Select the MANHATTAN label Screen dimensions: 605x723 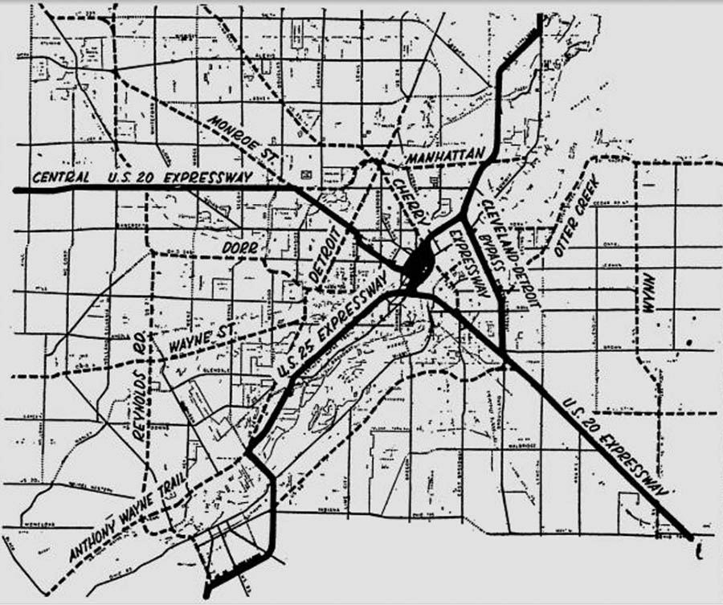click(x=447, y=153)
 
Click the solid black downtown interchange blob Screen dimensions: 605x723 click(x=418, y=266)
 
